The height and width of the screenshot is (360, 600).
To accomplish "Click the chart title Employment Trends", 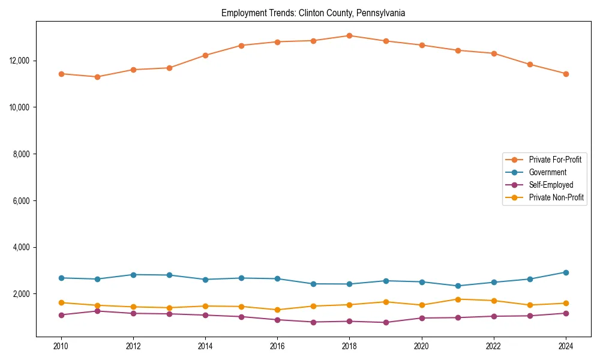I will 313,13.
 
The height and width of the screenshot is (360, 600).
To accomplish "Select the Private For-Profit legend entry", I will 554,160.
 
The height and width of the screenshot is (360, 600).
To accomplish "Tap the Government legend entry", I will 547,172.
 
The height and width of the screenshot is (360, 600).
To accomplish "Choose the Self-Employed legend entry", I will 551,185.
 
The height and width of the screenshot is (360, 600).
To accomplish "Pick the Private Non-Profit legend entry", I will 556,197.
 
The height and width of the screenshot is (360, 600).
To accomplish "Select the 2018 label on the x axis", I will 349,346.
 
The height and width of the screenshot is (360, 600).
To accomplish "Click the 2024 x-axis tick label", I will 566,346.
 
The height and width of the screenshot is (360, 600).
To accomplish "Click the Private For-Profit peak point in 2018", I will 349,35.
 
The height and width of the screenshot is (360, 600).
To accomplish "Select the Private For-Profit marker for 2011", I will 97,77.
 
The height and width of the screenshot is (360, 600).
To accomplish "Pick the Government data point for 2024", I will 566,272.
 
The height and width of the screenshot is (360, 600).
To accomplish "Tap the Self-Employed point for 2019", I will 386,322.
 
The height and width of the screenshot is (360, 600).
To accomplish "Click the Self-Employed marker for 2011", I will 97,311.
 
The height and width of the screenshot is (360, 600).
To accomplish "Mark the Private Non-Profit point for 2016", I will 277,310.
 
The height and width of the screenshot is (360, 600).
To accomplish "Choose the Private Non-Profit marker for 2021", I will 458,299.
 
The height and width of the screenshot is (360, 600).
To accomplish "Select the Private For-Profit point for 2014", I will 205,55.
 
